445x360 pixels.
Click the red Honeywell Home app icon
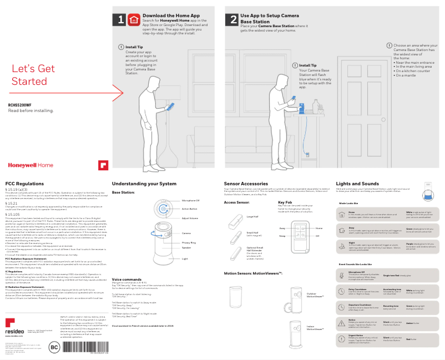(133, 20)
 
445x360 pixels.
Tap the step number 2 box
(232, 20)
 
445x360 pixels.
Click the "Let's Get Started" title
(33, 75)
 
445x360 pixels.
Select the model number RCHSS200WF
(19, 105)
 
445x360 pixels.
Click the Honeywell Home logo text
(31, 165)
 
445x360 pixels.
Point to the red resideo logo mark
(11, 323)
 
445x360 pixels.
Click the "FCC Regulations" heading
(24, 184)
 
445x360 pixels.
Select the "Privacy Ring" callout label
(190, 242)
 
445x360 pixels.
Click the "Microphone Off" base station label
(190, 200)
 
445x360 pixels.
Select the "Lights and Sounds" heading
(357, 184)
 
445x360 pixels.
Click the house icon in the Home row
(341, 214)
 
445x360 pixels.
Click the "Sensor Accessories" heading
(246, 184)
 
